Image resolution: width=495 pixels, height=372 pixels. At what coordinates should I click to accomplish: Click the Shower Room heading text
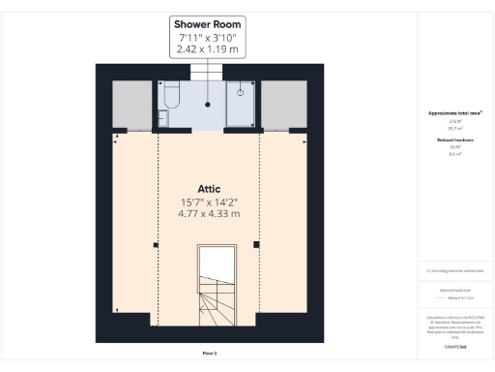point(207,23)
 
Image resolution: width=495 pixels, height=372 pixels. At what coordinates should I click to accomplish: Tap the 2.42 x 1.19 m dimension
point(207,48)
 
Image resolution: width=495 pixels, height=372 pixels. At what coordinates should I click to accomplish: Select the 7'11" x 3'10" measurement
point(207,36)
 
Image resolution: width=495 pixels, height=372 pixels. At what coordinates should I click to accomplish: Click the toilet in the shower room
point(171,95)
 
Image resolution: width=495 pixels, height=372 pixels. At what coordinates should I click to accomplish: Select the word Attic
point(210,189)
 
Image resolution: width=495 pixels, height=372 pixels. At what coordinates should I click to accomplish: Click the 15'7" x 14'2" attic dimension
point(209,202)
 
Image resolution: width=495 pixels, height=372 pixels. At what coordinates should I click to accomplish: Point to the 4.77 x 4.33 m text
point(209,215)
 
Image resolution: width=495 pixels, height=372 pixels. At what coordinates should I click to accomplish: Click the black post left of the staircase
point(156,245)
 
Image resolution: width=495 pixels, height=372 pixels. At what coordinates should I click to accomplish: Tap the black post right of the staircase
point(256,244)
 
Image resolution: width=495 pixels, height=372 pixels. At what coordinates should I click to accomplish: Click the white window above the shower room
point(207,73)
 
